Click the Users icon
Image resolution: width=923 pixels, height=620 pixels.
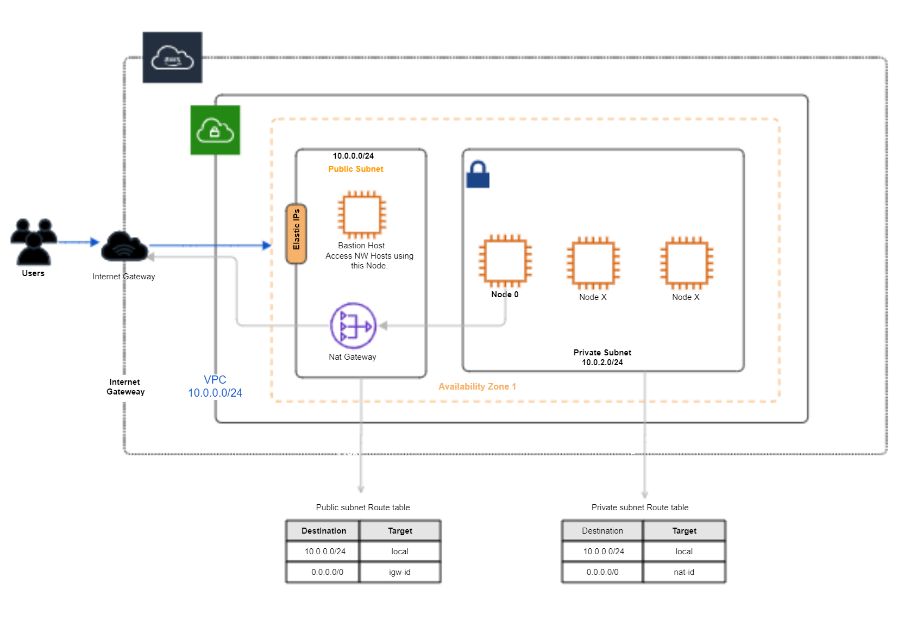34,241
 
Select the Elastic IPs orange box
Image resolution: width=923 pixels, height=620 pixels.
296,234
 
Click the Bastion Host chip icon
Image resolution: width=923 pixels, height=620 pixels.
362,215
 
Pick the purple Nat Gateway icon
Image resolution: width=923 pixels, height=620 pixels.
353,325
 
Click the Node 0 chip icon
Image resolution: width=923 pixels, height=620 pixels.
505,261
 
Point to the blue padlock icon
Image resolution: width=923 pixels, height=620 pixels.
478,174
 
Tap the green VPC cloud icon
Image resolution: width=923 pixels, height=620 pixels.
215,130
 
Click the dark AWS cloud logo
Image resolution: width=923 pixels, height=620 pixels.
172,58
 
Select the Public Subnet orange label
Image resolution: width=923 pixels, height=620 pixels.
356,169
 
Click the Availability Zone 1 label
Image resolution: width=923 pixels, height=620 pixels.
477,386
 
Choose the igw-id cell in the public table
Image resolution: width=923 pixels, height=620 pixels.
400,572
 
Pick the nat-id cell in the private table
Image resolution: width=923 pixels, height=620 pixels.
684,572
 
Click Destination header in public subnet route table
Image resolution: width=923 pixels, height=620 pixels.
324,531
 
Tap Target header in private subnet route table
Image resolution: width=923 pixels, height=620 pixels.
684,531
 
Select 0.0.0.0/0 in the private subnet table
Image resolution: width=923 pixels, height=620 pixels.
602,572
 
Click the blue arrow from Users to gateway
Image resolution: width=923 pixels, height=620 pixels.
78,242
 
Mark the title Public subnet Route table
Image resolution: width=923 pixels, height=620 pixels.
363,508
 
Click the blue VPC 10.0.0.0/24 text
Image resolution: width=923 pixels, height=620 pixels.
215,386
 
